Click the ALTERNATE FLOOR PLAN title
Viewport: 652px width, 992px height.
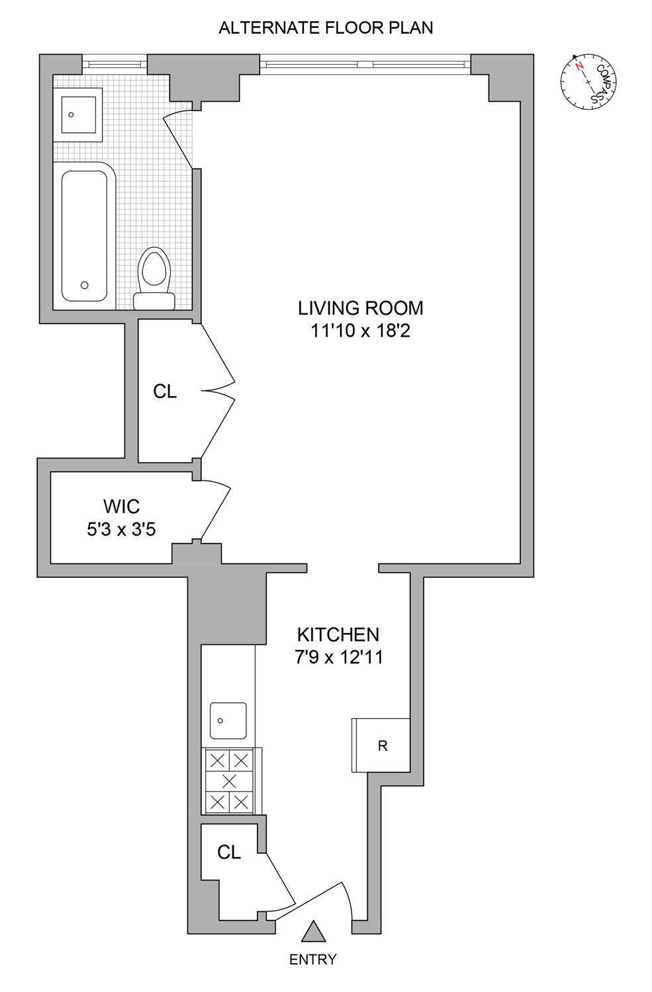(326, 28)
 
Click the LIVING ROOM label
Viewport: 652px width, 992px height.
(360, 308)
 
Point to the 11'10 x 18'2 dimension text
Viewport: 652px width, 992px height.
(360, 331)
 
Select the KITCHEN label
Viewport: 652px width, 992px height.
(338, 635)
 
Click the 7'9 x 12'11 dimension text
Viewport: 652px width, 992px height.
(339, 657)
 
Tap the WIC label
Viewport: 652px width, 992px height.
(121, 507)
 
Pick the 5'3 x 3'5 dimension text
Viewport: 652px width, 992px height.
(121, 529)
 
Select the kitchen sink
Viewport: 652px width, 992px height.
(228, 721)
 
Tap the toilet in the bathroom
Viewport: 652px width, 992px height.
(154, 278)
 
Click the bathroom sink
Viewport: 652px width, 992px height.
(78, 114)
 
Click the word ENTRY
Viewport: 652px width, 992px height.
(312, 959)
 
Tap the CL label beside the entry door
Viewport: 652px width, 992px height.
(229, 852)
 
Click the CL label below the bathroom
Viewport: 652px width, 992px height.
(165, 392)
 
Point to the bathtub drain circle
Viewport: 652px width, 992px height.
(84, 285)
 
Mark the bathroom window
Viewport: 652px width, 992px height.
(115, 64)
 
